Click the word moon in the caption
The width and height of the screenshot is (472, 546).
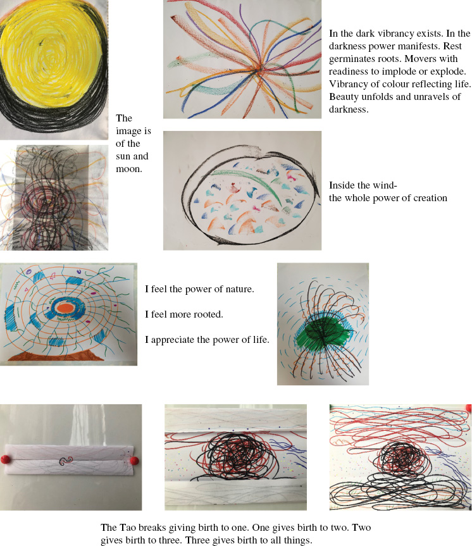point(128,169)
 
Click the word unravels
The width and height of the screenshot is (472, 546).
point(429,96)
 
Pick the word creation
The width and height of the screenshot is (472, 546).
point(430,198)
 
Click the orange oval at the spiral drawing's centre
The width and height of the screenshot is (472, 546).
point(65,308)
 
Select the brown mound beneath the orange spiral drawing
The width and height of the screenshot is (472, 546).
point(56,356)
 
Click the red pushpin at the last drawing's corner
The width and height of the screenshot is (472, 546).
point(469,407)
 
